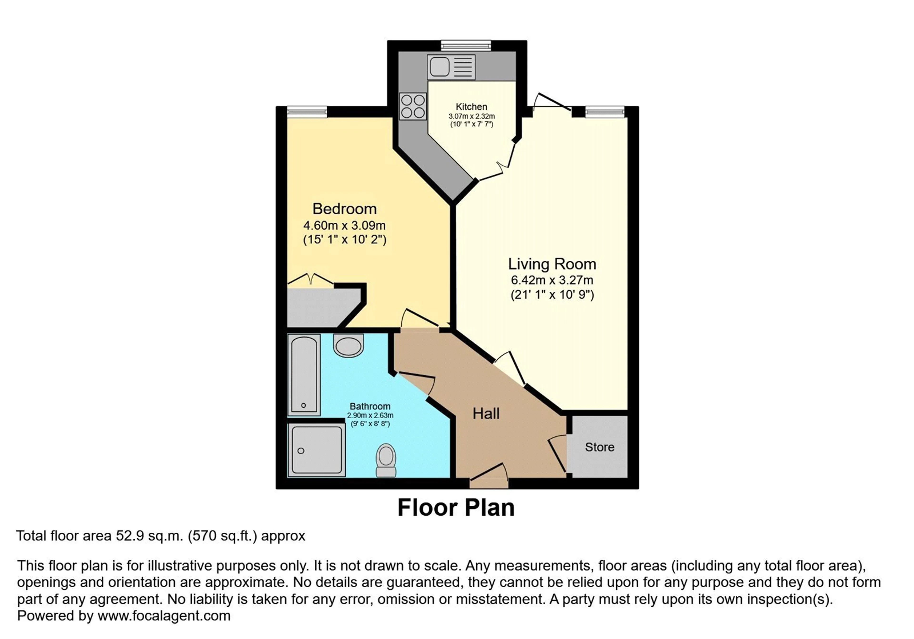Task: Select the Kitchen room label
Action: pyautogui.click(x=471, y=107)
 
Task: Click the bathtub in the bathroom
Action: pyautogui.click(x=304, y=375)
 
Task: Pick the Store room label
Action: pyautogui.click(x=600, y=447)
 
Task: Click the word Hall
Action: pyautogui.click(x=486, y=414)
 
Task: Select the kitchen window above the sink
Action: pyautogui.click(x=466, y=45)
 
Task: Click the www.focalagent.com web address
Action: pyautogui.click(x=164, y=616)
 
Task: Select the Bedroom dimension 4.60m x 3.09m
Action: pyautogui.click(x=344, y=226)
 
